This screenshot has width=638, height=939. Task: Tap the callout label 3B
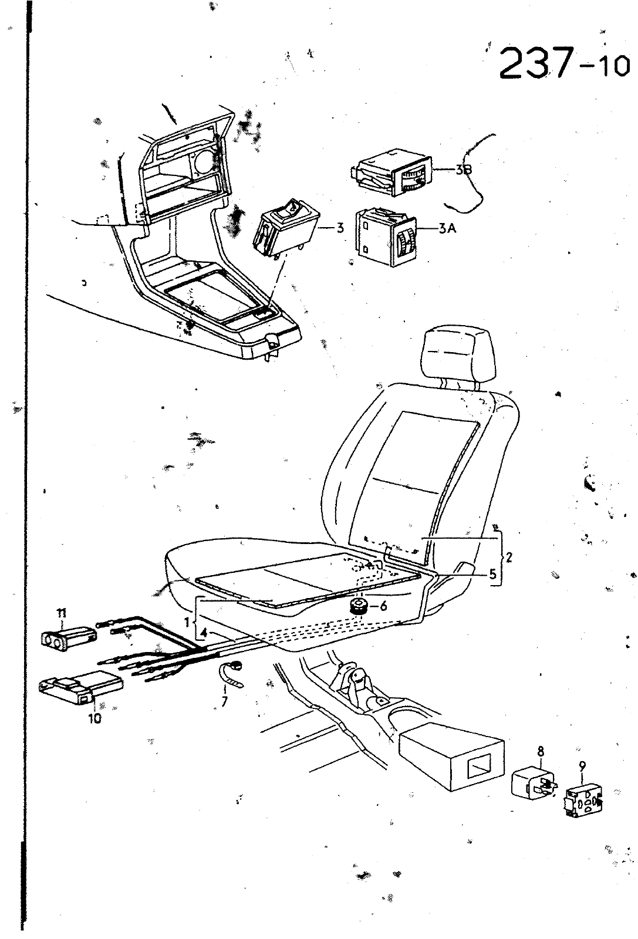[463, 170]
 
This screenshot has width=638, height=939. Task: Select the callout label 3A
[447, 229]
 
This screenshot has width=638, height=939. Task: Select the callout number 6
[383, 606]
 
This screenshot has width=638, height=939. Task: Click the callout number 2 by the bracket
[508, 557]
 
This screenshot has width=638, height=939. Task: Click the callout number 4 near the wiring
[202, 633]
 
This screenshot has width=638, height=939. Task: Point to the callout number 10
[95, 718]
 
